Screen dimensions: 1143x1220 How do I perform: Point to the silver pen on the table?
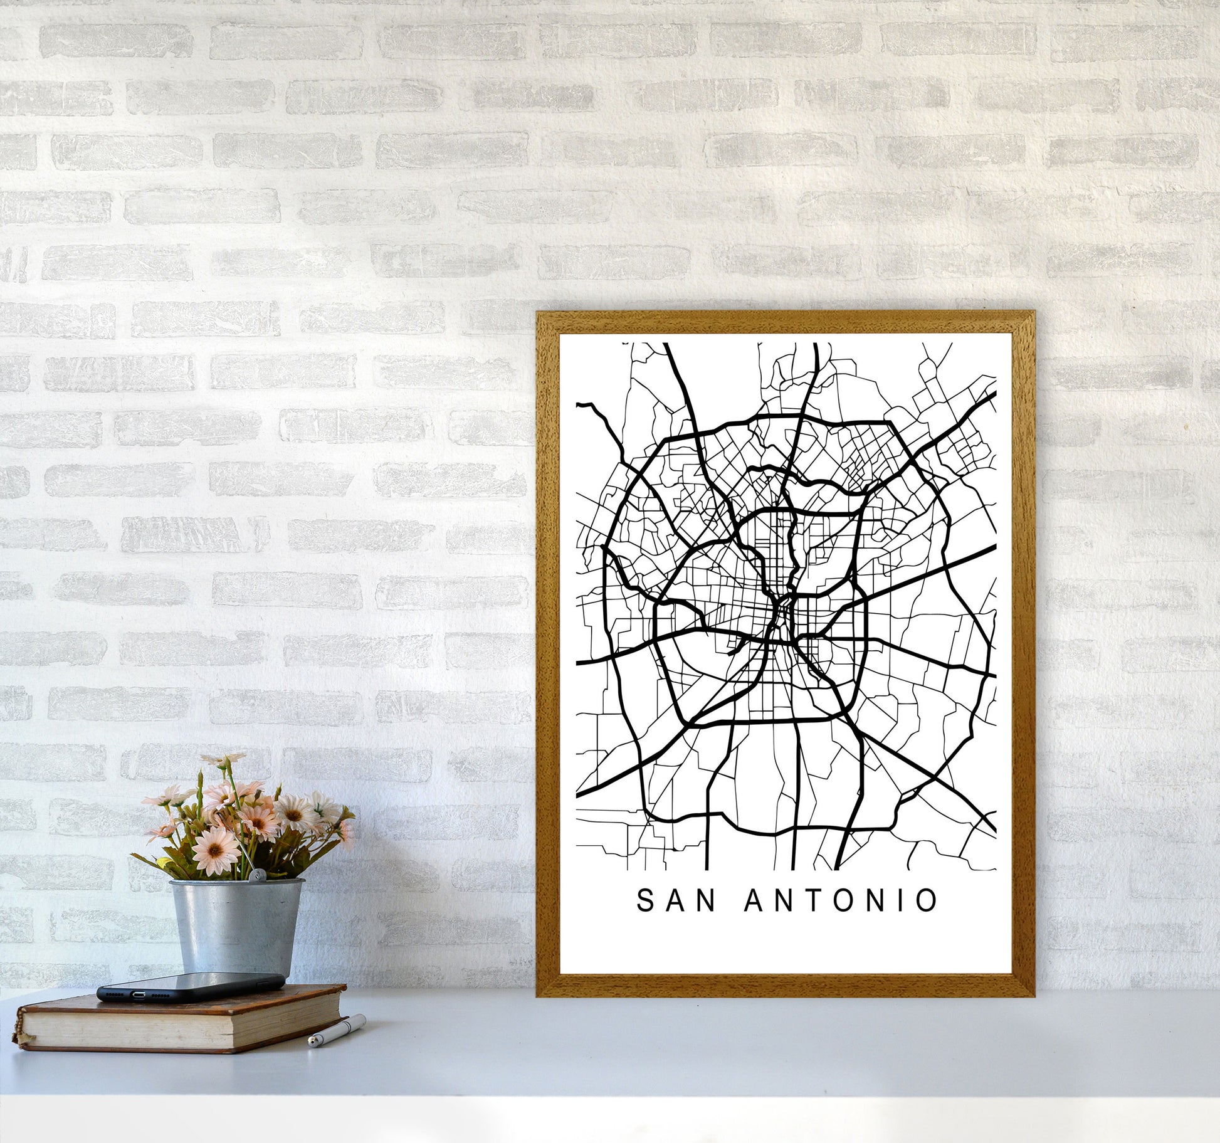[337, 1031]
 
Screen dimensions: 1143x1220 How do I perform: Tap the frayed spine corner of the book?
[24, 1038]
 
